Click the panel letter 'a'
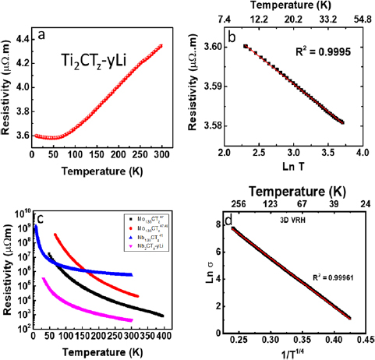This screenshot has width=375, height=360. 52,35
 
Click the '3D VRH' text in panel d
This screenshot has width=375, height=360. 292,220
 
